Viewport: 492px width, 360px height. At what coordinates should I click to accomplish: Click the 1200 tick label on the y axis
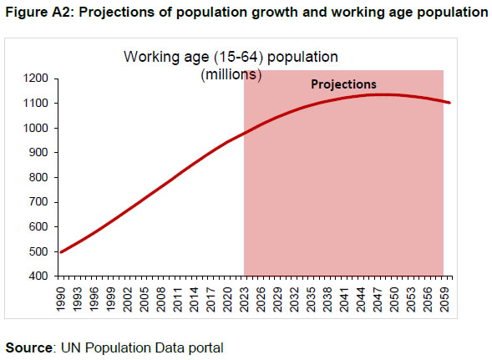click(40, 79)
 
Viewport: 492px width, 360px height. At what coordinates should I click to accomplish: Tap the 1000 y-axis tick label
click(40, 128)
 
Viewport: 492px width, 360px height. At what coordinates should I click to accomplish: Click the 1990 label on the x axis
click(60, 297)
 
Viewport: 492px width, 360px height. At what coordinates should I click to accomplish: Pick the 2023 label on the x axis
click(244, 297)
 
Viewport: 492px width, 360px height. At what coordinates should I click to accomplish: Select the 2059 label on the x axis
click(444, 297)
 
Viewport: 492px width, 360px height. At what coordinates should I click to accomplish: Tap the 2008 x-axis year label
click(160, 297)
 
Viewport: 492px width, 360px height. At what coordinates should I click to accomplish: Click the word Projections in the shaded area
click(343, 84)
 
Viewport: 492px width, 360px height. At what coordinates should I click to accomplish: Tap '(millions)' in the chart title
click(231, 74)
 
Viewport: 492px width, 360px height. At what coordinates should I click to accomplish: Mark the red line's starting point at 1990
click(60, 251)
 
